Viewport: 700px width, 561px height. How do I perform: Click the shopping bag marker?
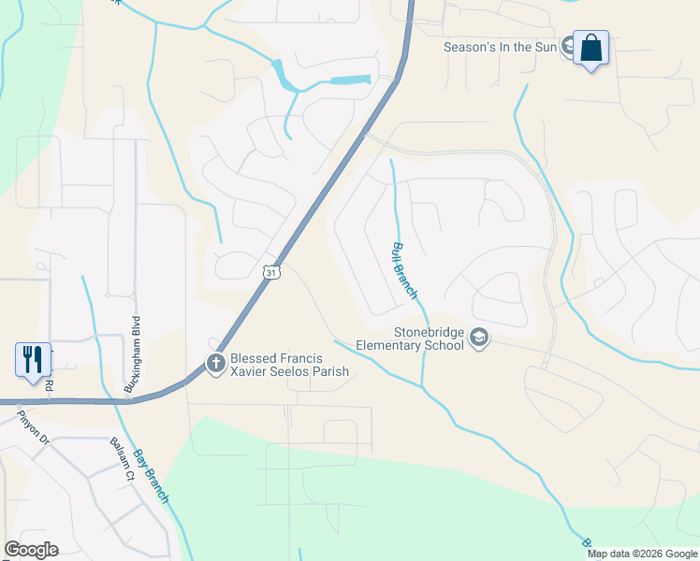coord(591,48)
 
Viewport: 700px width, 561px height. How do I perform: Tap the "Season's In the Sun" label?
coord(501,46)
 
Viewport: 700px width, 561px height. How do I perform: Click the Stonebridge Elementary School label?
coord(411,338)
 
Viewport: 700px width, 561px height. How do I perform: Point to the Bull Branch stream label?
coord(403,269)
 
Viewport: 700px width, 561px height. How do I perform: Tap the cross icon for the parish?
coord(215,364)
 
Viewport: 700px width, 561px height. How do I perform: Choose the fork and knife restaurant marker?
coord(32,359)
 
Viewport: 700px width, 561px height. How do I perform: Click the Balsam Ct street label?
coord(124,460)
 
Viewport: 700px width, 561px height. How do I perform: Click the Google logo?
coord(31,550)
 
